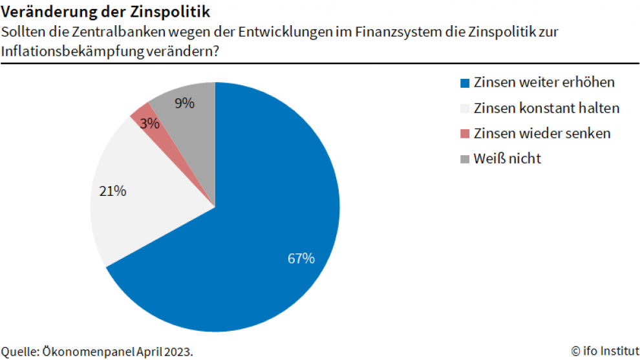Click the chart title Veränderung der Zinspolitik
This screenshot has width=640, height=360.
pyautogui.click(x=105, y=12)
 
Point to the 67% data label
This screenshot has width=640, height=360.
pyautogui.click(x=301, y=259)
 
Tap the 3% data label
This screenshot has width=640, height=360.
pyautogui.click(x=149, y=123)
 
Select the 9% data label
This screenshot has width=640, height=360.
pyautogui.click(x=184, y=102)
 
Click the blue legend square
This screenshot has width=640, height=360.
pyautogui.click(x=464, y=83)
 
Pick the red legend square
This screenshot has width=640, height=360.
pyautogui.click(x=464, y=134)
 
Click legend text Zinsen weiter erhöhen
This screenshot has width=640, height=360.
pyautogui.click(x=544, y=83)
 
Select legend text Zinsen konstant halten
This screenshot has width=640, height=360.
pyautogui.click(x=547, y=108)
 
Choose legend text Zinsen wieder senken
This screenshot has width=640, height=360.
pyautogui.click(x=542, y=133)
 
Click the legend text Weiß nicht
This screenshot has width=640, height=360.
pyautogui.click(x=507, y=158)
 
